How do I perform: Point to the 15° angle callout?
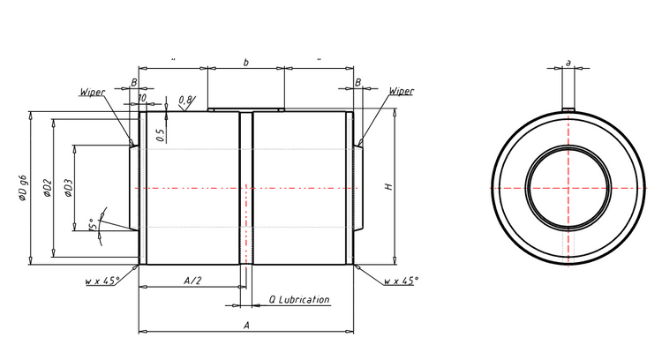(93, 226)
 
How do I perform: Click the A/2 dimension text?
(192, 280)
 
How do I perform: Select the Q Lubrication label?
(298, 300)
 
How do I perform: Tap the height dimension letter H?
(387, 187)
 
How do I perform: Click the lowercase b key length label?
(245, 62)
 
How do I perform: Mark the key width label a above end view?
(568, 63)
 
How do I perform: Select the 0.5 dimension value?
(161, 134)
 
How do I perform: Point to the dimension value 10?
(141, 98)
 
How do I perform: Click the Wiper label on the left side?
(93, 91)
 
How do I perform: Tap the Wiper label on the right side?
(401, 91)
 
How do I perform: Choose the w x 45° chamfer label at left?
(102, 281)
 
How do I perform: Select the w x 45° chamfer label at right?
(401, 281)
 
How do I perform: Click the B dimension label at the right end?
(357, 82)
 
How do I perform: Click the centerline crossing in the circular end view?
(568, 187)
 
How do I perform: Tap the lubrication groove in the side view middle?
(246, 187)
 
